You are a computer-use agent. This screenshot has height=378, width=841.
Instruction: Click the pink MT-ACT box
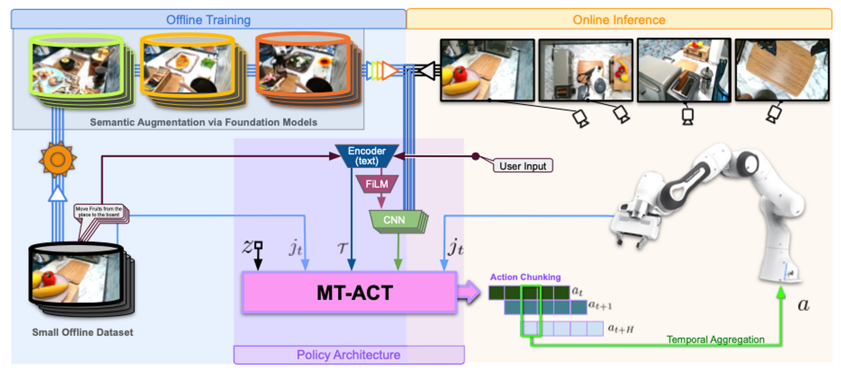[349, 292]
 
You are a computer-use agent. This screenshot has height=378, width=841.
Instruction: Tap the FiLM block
[377, 184]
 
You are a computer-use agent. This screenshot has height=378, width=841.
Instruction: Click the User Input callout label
[522, 166]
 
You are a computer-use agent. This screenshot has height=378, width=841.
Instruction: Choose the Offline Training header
[208, 20]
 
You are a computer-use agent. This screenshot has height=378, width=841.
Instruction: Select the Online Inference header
[618, 20]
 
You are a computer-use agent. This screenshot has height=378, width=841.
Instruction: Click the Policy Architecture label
[349, 355]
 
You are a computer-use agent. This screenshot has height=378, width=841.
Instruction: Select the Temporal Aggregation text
[715, 339]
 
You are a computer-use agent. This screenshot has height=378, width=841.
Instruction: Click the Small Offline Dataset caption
[82, 332]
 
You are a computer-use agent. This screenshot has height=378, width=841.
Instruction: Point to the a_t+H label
[621, 329]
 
